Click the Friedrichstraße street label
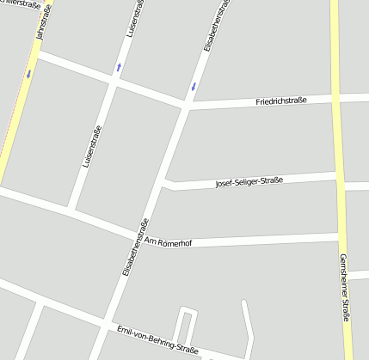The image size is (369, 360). point(281,102)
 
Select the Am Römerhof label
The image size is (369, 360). point(168,243)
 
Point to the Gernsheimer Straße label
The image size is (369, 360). point(344,288)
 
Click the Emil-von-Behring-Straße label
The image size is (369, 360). point(157,340)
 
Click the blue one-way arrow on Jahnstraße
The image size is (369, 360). point(28,74)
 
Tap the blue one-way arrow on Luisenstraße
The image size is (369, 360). point(119,67)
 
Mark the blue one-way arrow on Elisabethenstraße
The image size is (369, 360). point(194,86)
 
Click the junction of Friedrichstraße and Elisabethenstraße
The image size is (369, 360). point(187,107)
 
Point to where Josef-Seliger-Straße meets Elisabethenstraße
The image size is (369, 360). point(164,182)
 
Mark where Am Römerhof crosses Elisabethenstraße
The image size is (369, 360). point(138,236)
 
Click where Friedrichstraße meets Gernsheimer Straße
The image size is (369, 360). point(337,99)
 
